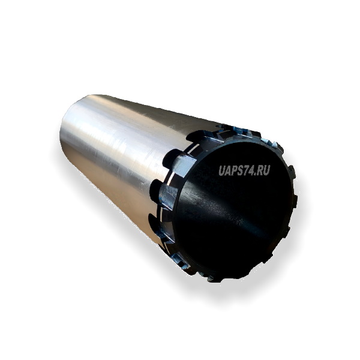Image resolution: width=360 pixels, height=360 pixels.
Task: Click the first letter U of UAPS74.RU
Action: point(222,170)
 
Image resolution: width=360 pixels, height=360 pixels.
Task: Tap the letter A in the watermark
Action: point(228,170)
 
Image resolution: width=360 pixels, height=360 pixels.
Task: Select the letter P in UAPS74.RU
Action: point(235,170)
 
